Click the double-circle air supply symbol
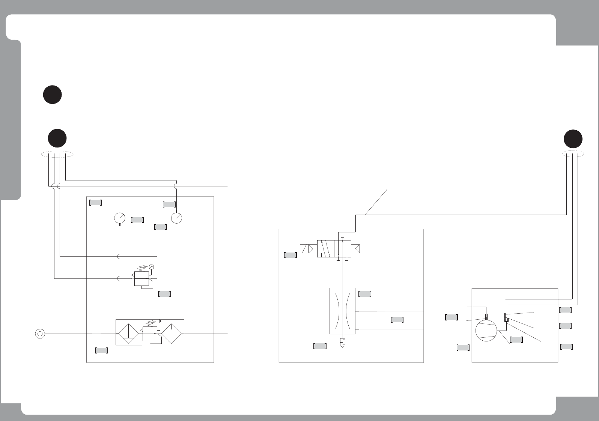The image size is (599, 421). pos(40,333)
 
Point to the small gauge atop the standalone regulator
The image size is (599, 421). pos(151,266)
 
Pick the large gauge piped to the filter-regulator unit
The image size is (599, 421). pos(119,218)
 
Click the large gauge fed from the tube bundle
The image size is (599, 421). pos(176,218)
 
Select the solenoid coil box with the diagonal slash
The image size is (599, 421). pos(308,248)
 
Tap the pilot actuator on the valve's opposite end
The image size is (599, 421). pos(356,248)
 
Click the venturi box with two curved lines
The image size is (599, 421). pos(342,311)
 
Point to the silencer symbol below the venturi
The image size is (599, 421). pos(342,343)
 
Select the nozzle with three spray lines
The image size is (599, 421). pos(506,317)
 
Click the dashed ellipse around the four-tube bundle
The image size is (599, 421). pos(57,154)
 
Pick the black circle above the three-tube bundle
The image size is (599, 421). pos(573,139)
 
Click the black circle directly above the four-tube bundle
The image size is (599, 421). pos(57,138)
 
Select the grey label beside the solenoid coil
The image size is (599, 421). pos(290,255)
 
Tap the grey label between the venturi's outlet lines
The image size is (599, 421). pos(397,320)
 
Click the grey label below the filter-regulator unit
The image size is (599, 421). pos(102,350)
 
